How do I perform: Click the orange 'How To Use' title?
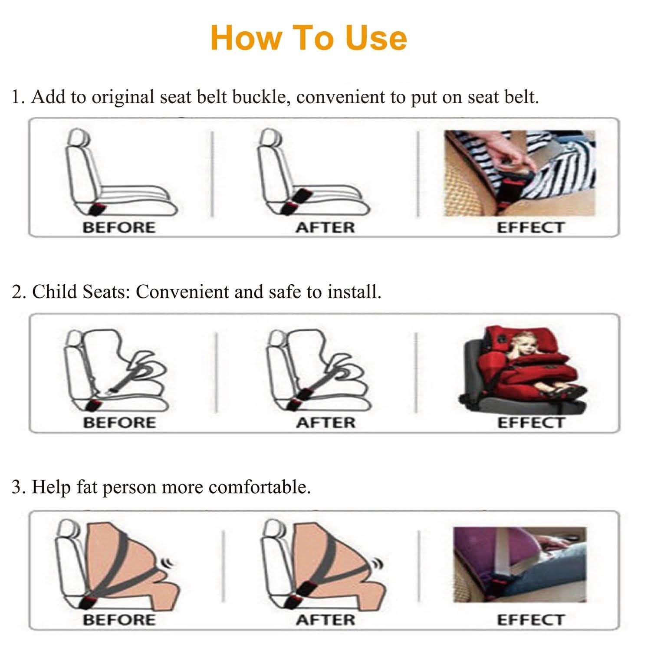309,38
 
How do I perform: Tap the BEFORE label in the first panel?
119,227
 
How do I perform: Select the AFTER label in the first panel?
325,227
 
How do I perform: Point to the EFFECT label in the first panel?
530,227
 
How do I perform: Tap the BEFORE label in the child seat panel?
119,423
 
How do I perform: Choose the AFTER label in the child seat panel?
325,423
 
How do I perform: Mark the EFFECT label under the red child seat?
530,423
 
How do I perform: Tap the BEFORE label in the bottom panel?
119,620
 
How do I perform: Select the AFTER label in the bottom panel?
325,620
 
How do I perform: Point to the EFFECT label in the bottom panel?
530,620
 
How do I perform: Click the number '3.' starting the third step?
19,487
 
